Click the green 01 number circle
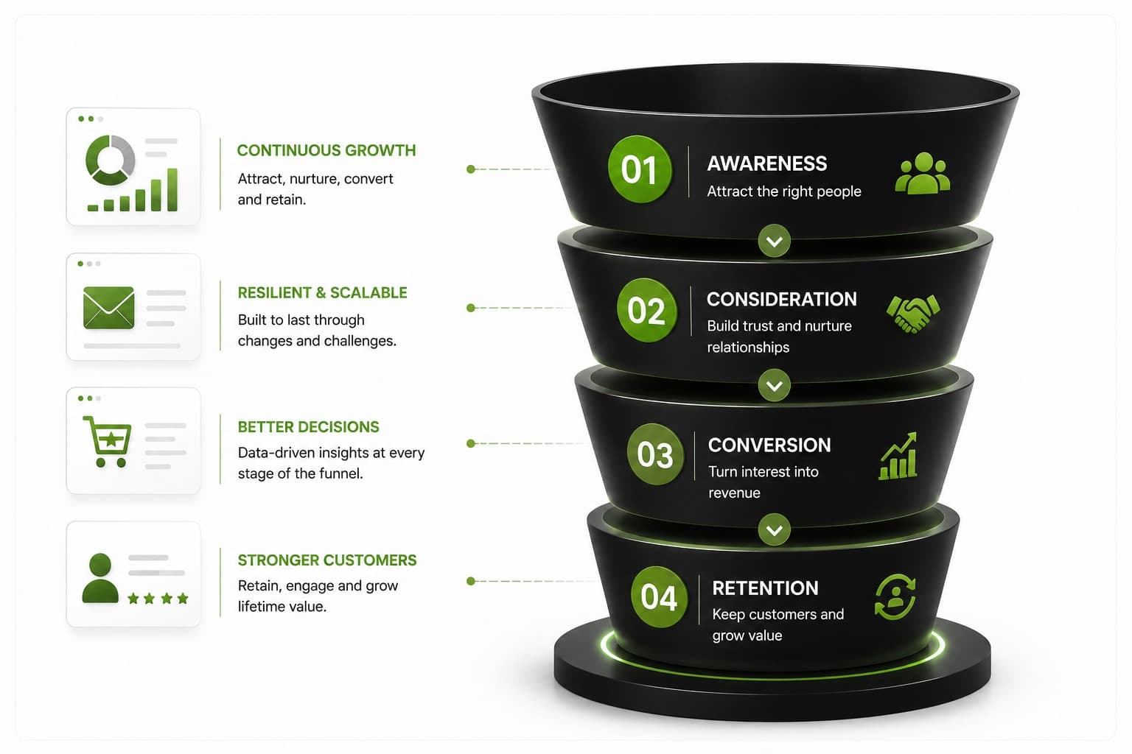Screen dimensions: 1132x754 (640, 169)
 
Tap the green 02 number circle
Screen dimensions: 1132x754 (647, 310)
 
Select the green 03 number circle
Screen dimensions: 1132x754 (655, 454)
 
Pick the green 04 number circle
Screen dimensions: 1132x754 (659, 597)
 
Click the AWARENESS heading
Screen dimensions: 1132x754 (767, 163)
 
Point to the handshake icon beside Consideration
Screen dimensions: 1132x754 (913, 314)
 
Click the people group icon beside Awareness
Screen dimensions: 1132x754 (923, 173)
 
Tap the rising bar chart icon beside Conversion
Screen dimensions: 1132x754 (898, 456)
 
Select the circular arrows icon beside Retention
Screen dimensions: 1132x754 (895, 597)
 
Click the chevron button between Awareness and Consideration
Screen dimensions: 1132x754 (775, 241)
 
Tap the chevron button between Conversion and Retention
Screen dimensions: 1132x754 (775, 529)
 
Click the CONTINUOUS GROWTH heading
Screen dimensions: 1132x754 (326, 150)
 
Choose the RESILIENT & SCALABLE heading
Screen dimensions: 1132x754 (322, 293)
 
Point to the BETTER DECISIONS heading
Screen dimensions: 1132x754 (308, 427)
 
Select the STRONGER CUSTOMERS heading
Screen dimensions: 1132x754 (327, 560)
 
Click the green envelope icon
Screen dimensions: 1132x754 (108, 308)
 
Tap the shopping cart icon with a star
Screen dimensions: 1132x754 (108, 442)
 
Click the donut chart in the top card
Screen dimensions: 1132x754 (110, 160)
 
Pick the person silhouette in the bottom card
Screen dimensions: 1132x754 (100, 578)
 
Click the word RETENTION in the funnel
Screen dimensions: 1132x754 (765, 588)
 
